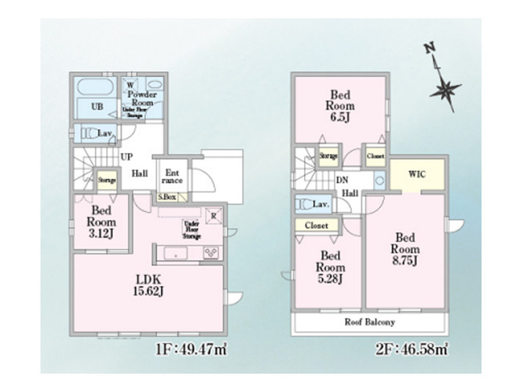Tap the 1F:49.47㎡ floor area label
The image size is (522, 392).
189,350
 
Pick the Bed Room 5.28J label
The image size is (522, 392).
329,267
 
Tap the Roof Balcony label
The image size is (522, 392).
369,321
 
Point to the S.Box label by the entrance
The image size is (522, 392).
168,196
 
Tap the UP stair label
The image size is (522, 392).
126,157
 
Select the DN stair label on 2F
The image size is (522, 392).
342,180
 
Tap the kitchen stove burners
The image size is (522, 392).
212,253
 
